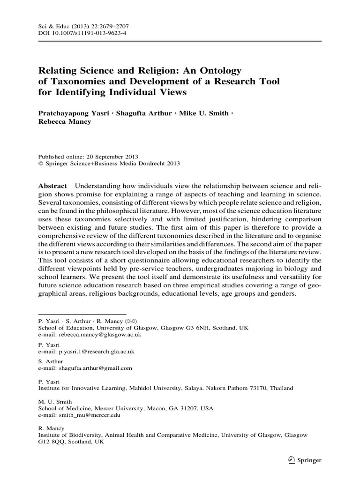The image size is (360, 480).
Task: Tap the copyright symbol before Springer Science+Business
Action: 40,164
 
